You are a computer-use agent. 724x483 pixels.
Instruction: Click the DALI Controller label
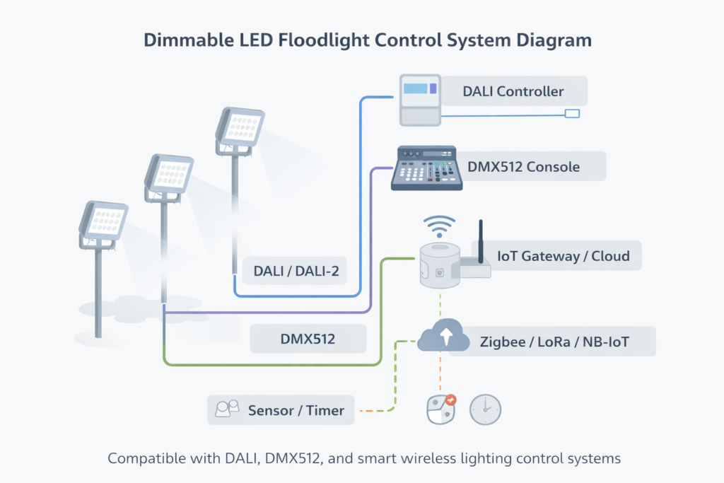tap(513, 92)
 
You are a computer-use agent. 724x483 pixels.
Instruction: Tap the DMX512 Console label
tap(523, 167)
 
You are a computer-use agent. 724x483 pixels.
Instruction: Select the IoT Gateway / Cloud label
tap(563, 256)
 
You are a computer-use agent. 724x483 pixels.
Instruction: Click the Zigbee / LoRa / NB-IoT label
tap(554, 342)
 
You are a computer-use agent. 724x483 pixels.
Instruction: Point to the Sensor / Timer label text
tap(296, 410)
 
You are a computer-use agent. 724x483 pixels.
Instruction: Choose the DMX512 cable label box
tap(308, 339)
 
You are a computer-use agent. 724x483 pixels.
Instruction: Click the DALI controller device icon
tap(420, 100)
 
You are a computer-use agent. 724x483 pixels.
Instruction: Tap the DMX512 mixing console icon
tap(426, 168)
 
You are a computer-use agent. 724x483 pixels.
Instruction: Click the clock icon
tap(485, 409)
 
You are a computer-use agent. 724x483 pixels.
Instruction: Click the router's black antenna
tap(481, 239)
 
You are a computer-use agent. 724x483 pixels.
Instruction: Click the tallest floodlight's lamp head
tap(240, 129)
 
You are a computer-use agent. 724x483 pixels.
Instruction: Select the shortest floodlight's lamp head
tap(103, 221)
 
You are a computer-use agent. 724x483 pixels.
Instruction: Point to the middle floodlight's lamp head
tap(169, 174)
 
